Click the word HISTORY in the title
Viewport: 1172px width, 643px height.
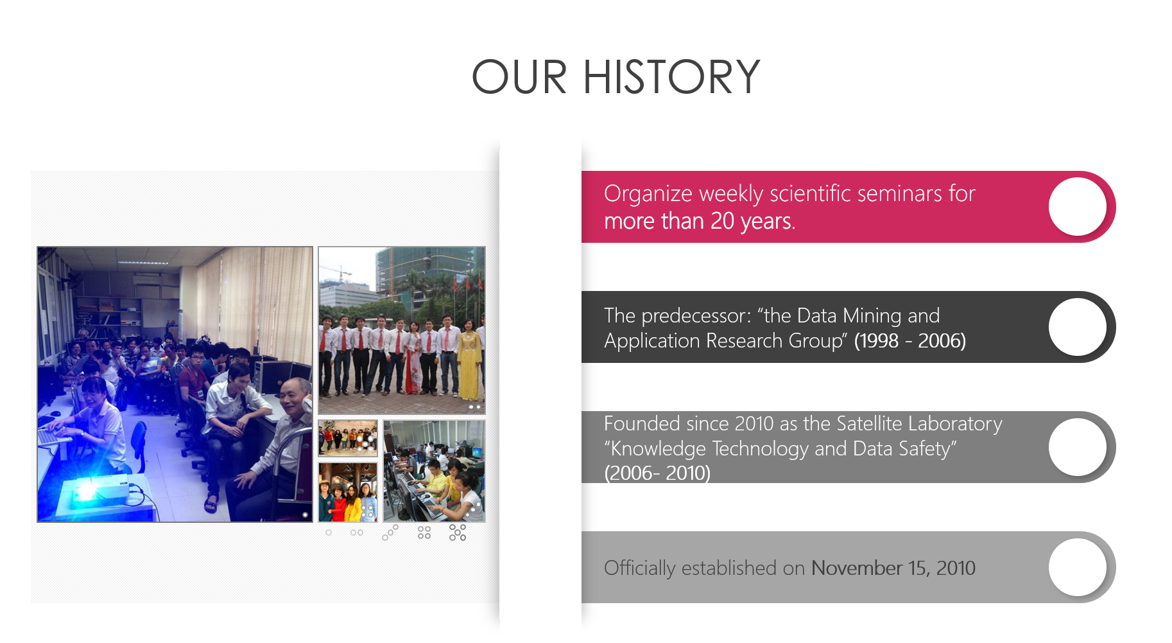click(671, 77)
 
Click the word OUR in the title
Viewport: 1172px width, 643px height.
click(520, 77)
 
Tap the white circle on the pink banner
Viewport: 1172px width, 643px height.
click(1078, 207)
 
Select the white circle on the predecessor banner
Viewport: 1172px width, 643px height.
click(1078, 327)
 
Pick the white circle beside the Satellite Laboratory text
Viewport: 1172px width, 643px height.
click(1078, 447)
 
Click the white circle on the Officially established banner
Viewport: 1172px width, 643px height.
click(1078, 567)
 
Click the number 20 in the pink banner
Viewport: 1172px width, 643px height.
click(722, 221)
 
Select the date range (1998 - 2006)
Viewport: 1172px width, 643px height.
click(909, 340)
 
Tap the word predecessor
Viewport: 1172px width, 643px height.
click(696, 316)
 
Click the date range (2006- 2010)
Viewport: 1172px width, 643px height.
click(657, 473)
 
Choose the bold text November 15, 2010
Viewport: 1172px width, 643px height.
click(893, 568)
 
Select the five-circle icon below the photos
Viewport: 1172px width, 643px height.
click(458, 533)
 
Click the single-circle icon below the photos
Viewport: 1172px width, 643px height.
click(329, 533)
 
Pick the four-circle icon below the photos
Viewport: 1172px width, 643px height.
click(424, 533)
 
